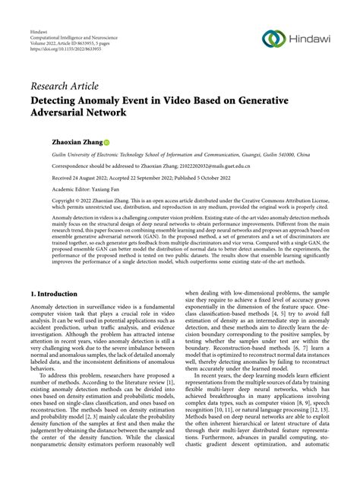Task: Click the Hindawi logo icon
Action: pyautogui.click(x=272, y=38)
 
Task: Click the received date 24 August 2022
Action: pyautogui.click(x=84, y=175)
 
